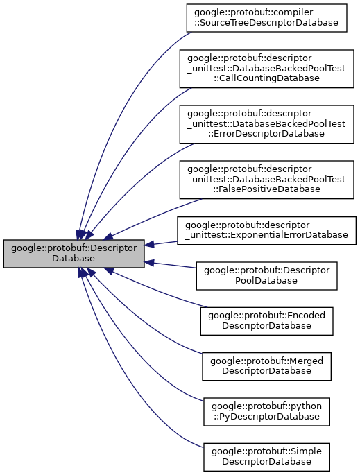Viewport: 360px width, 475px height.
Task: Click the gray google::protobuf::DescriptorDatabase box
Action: coord(74,253)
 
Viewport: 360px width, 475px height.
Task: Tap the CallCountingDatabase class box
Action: coord(266,67)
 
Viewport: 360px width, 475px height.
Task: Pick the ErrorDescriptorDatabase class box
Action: coord(266,123)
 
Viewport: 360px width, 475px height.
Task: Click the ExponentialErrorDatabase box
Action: coord(266,230)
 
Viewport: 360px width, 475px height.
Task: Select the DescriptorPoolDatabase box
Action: coord(266,275)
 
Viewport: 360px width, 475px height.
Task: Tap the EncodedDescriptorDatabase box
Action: coord(266,320)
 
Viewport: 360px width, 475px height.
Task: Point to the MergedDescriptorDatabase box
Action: coord(266,365)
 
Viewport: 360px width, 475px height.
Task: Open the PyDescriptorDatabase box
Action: coord(266,411)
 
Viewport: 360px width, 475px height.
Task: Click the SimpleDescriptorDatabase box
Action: coord(266,456)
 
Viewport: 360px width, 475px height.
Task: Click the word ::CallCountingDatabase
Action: coord(266,78)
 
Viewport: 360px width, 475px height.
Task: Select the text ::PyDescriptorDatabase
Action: coord(266,417)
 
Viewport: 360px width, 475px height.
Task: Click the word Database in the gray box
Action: coord(74,259)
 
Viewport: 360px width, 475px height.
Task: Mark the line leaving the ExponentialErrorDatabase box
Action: coord(165,242)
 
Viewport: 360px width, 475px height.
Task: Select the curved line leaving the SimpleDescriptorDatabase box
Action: coord(125,409)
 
